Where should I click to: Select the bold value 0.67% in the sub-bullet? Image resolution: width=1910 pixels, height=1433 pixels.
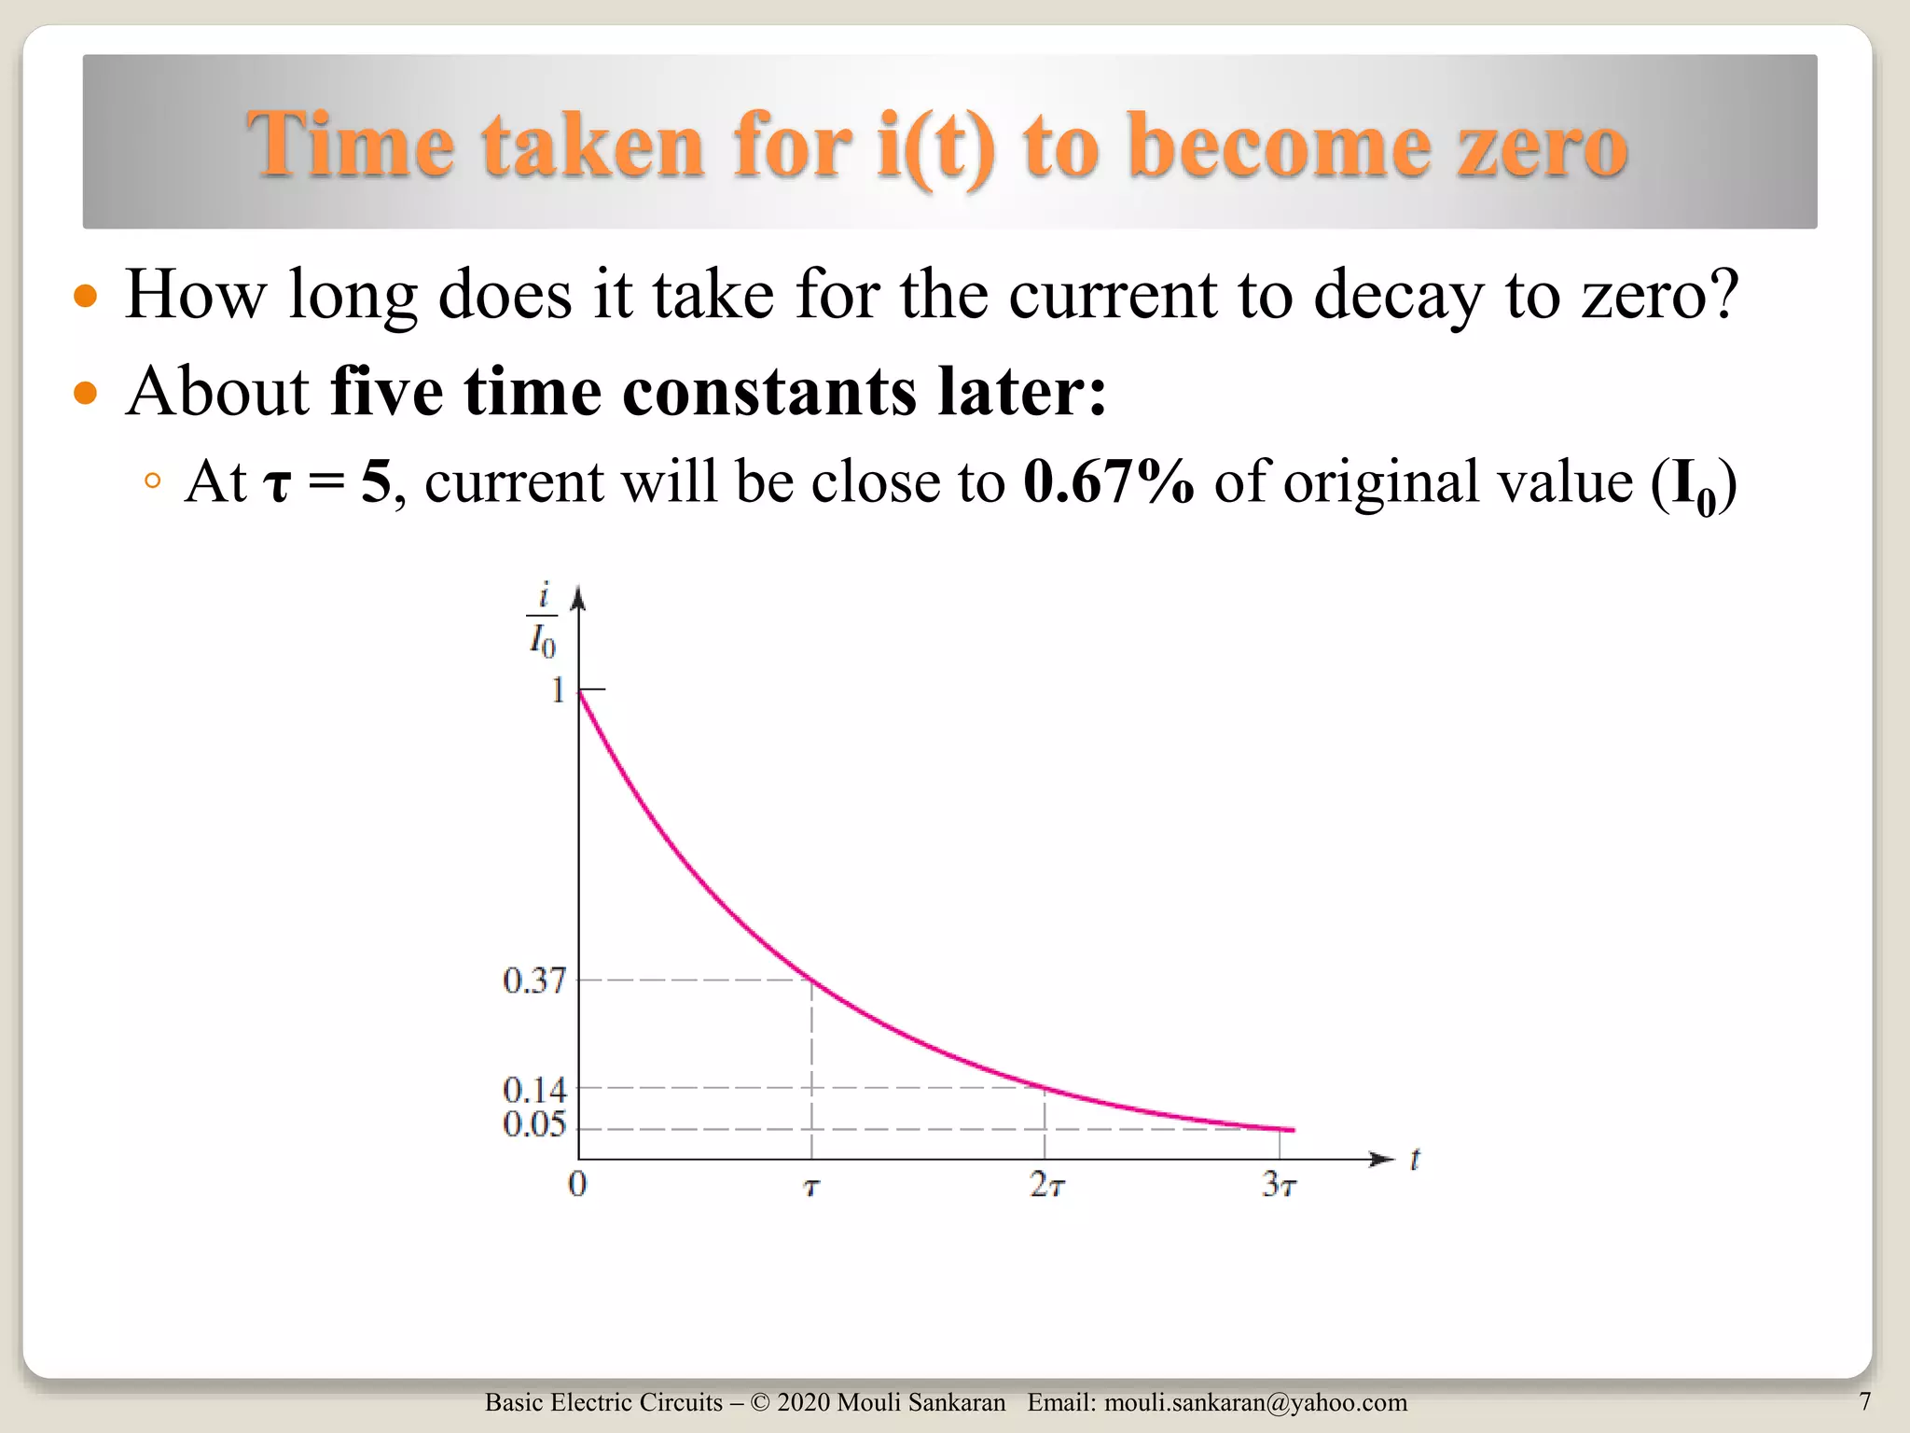[x=1108, y=482]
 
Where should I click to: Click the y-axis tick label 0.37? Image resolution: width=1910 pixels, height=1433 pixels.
[x=533, y=981]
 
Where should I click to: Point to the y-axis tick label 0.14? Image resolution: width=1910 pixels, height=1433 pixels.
[x=533, y=1089]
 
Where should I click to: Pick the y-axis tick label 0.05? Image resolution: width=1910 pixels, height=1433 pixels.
[x=533, y=1124]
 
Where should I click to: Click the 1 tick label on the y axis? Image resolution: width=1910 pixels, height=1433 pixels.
[x=558, y=690]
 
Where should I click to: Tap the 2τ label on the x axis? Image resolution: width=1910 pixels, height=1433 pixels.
[x=1046, y=1185]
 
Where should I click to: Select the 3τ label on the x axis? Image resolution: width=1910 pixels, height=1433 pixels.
[x=1279, y=1185]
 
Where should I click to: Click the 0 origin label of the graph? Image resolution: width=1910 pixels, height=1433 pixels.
[x=577, y=1184]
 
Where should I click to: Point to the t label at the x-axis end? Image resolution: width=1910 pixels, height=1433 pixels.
[x=1415, y=1160]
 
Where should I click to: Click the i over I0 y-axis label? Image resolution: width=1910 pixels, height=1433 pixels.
[x=543, y=620]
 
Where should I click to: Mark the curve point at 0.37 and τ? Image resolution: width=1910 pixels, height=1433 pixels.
[x=811, y=981]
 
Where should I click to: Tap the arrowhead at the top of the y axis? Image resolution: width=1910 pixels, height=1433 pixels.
[x=578, y=596]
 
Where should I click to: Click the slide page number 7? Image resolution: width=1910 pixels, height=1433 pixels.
[x=1864, y=1401]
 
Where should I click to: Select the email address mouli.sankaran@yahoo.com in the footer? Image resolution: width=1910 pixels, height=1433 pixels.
[x=1255, y=1402]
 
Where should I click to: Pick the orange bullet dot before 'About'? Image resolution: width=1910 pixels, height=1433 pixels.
[x=85, y=392]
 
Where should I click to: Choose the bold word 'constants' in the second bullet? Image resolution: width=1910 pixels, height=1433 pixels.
[x=769, y=392]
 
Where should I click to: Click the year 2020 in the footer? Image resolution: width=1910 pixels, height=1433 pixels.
[x=803, y=1402]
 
